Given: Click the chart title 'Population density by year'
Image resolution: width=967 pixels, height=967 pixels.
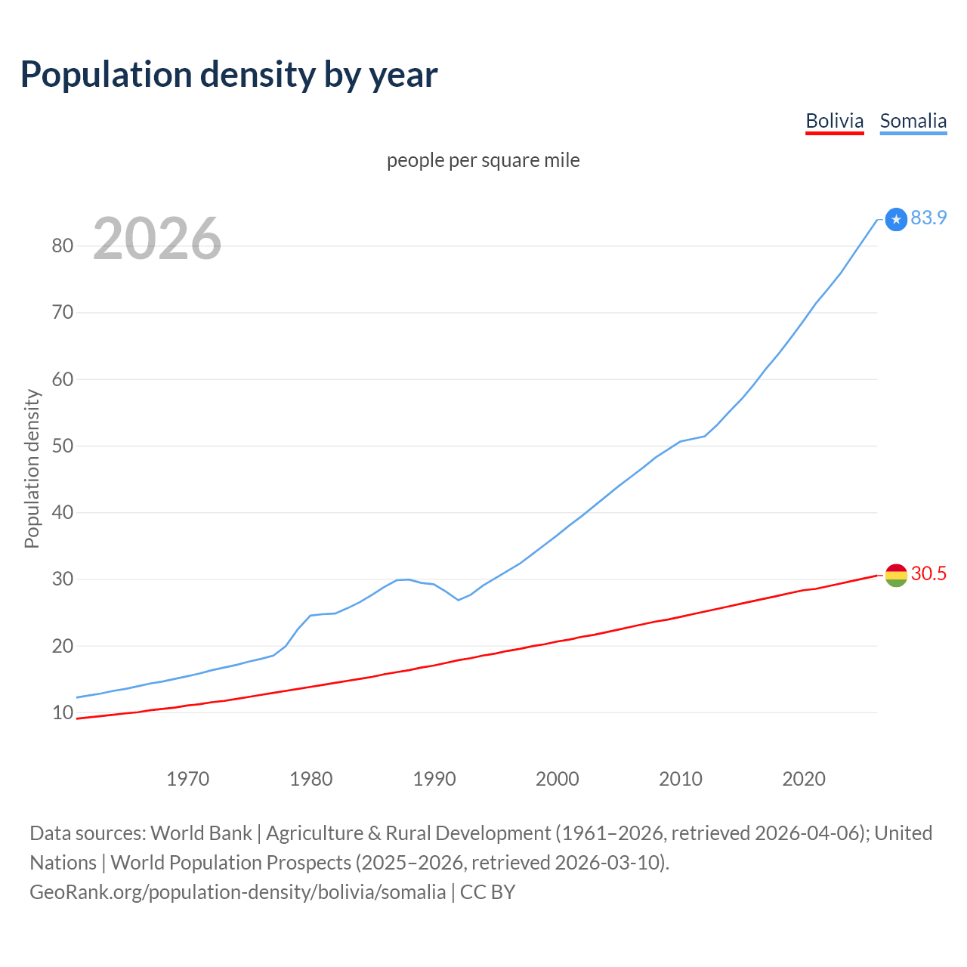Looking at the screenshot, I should (x=229, y=75).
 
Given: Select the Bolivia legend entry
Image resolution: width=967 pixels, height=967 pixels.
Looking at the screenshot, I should (x=834, y=121).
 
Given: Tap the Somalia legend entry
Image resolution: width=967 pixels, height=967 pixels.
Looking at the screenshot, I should (x=913, y=121).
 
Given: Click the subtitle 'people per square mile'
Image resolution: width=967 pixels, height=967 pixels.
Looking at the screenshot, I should (x=483, y=160).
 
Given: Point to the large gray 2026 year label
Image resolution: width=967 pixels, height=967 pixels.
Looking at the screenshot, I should (x=157, y=239).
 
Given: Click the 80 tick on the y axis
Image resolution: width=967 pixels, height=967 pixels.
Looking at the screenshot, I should (x=63, y=246).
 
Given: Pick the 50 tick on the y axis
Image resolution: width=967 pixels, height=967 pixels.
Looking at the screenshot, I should (x=63, y=446).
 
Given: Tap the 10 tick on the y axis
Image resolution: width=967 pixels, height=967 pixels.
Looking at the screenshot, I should (x=63, y=712).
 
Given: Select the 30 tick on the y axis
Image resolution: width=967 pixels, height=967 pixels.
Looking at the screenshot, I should (x=63, y=579).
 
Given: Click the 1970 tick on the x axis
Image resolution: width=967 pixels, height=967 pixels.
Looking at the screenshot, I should (x=187, y=779).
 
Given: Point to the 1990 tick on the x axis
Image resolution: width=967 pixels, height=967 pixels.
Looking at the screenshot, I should (x=434, y=779).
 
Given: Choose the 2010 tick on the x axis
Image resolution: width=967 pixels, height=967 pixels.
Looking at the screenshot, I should (x=681, y=779).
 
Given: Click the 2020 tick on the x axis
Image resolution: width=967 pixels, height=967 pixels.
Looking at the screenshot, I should (x=804, y=779).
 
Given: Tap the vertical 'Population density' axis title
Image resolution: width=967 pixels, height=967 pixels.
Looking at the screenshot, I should (x=32, y=468).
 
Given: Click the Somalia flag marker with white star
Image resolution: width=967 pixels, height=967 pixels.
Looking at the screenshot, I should (x=896, y=219).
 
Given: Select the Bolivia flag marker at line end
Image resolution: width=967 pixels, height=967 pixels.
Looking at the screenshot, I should (x=896, y=575).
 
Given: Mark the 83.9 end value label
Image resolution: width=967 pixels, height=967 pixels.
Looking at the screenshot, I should (x=928, y=218).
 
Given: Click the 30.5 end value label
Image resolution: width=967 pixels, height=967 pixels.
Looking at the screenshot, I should (x=928, y=573).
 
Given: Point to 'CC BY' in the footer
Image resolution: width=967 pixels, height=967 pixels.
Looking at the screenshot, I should (x=487, y=891).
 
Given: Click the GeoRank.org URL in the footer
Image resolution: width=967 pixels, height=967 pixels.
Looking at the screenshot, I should (x=237, y=891).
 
